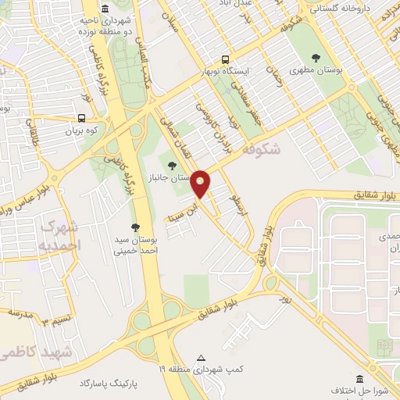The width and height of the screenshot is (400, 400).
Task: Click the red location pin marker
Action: [201, 184]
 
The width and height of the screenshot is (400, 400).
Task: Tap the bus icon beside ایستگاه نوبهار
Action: [225, 59]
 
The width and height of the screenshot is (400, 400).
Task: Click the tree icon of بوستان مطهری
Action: [316, 58]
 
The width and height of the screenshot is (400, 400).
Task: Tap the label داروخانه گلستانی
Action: [341, 9]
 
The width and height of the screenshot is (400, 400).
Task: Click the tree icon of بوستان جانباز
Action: [172, 164]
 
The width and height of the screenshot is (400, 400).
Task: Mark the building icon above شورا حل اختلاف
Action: [360, 378]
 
